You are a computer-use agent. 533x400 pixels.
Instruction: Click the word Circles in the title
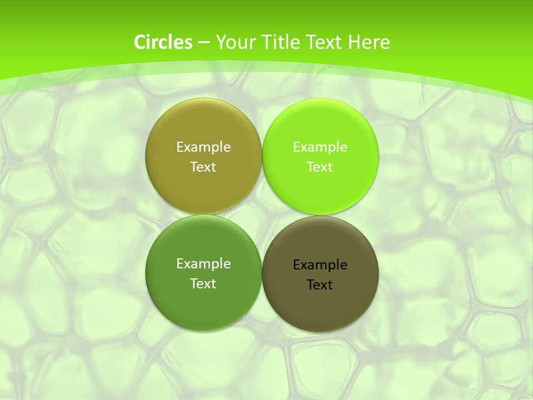click(x=163, y=42)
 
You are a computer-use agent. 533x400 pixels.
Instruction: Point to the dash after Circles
click(x=204, y=43)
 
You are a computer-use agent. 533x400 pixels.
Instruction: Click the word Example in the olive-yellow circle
click(x=203, y=147)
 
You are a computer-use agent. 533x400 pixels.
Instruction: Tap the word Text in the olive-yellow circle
click(x=203, y=167)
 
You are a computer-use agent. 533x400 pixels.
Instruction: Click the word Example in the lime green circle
click(x=320, y=147)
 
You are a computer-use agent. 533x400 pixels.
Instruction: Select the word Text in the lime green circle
click(x=320, y=167)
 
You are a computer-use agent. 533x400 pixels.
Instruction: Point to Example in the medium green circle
click(x=203, y=263)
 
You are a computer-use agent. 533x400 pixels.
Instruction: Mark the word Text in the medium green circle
click(x=203, y=283)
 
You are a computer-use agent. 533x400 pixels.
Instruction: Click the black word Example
click(x=320, y=265)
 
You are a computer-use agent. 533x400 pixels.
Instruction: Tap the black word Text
click(x=320, y=285)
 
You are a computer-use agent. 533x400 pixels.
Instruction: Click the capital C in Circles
click(x=140, y=42)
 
